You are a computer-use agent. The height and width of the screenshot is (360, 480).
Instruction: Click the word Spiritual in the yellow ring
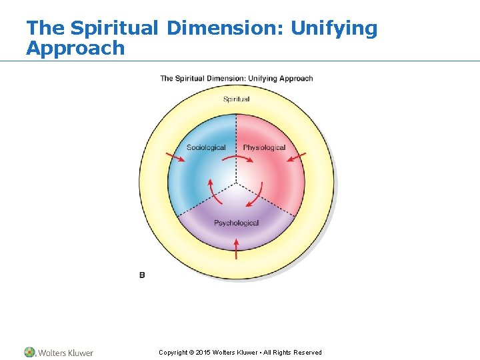236,99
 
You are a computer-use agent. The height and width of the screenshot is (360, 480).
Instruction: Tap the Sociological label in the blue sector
206,147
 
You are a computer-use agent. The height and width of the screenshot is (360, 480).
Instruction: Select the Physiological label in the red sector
264,147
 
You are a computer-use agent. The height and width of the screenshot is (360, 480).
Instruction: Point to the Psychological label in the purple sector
236,223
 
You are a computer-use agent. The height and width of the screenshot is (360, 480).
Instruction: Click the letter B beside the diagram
142,275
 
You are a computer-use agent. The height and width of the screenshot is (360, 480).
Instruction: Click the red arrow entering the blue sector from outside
175,157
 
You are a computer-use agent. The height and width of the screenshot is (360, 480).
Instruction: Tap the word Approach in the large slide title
75,48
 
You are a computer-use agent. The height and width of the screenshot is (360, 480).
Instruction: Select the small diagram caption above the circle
236,79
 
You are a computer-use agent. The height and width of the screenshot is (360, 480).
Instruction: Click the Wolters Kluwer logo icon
30,352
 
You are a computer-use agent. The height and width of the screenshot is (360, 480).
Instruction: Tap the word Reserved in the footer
307,353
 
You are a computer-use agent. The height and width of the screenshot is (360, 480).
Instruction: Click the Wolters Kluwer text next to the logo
65,353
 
